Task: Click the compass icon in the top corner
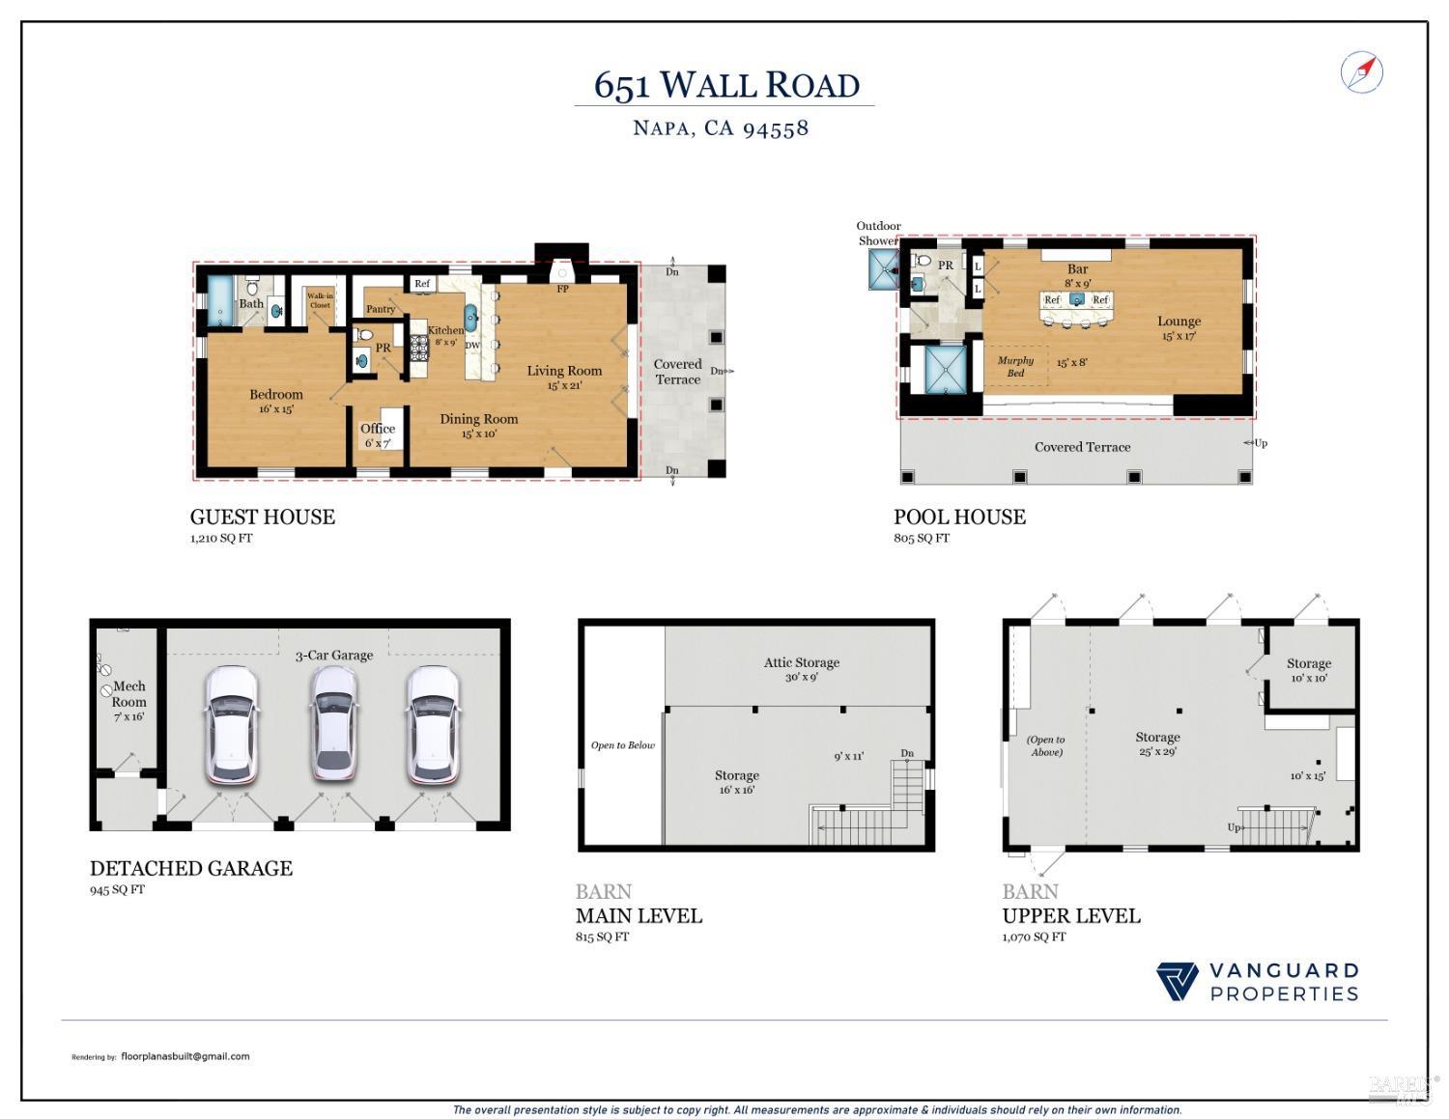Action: [x=1362, y=72]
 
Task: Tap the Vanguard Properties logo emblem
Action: [x=1177, y=982]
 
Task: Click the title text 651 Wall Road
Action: [x=726, y=85]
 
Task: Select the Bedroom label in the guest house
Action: [x=276, y=395]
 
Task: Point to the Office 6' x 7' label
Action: [x=378, y=430]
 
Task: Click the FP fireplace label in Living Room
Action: [x=562, y=289]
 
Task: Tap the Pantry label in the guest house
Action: [x=381, y=309]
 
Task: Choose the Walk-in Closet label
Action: [x=320, y=300]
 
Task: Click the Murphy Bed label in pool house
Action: [x=1015, y=366]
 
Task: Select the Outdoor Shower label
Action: [x=878, y=233]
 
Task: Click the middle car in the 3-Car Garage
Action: [x=333, y=723]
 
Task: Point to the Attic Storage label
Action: [x=802, y=663]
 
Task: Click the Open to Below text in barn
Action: [x=623, y=745]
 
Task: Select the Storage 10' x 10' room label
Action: [x=1309, y=664]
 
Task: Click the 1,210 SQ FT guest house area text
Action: [x=221, y=539]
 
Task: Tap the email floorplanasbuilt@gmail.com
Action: [x=185, y=1056]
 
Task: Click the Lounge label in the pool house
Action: [x=1179, y=322]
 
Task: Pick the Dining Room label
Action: [x=479, y=419]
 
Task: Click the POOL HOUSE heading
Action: [x=959, y=518]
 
